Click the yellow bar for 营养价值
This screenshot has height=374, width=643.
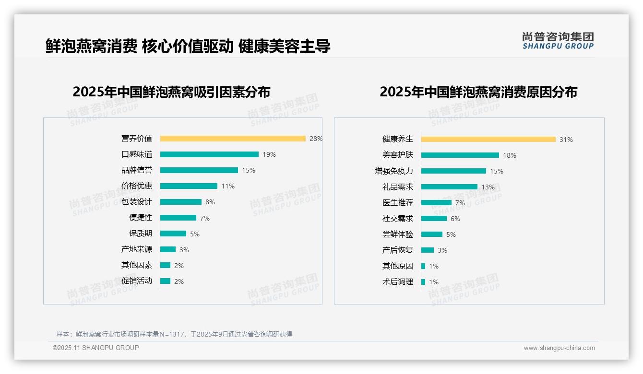pos(233,139)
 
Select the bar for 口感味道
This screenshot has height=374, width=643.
pos(209,154)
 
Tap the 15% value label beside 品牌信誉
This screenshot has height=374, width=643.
pos(249,170)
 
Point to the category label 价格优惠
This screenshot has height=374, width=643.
pos(137,186)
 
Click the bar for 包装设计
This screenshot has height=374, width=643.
pos(181,202)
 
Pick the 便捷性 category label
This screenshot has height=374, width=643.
pos(141,218)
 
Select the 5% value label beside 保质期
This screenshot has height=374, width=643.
pos(195,234)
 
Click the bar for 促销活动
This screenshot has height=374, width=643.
pos(166,281)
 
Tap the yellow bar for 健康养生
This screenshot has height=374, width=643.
pos(488,139)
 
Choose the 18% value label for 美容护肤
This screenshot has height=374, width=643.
pos(510,155)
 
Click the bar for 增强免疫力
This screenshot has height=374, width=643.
pos(453,171)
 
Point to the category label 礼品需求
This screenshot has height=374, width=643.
pos(398,187)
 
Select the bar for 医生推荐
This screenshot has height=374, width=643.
pos(436,202)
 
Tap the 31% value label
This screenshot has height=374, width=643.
pos(566,140)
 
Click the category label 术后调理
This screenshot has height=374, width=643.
pos(398,282)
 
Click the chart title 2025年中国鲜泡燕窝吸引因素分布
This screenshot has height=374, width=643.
pos(171,92)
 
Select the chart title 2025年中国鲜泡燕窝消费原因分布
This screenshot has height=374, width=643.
pos(478,92)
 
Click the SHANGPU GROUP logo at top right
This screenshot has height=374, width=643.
pos(558,41)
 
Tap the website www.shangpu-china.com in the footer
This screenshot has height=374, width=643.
pos(559,348)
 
